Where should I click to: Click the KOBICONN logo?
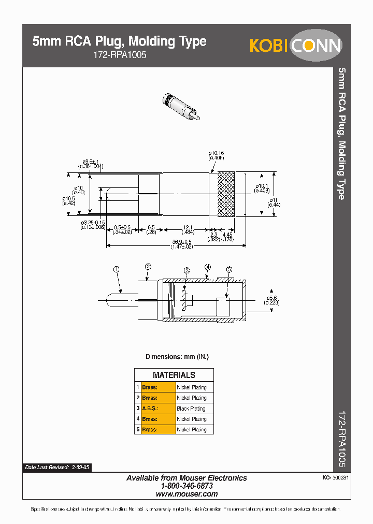295,45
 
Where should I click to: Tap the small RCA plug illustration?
181,107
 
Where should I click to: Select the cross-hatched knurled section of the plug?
226,194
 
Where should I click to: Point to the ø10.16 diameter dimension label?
216,155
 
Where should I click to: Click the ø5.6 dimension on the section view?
272,300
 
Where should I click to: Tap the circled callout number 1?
117,269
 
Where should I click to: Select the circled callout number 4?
207,267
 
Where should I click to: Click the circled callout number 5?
229,269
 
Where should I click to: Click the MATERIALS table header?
174,375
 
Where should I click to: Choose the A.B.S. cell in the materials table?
151,409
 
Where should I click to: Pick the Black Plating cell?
191,409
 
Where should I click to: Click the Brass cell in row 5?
150,430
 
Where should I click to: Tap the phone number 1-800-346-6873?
187,486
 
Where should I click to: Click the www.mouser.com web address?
187,494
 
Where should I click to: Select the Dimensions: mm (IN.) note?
177,357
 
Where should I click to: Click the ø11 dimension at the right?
274,202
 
